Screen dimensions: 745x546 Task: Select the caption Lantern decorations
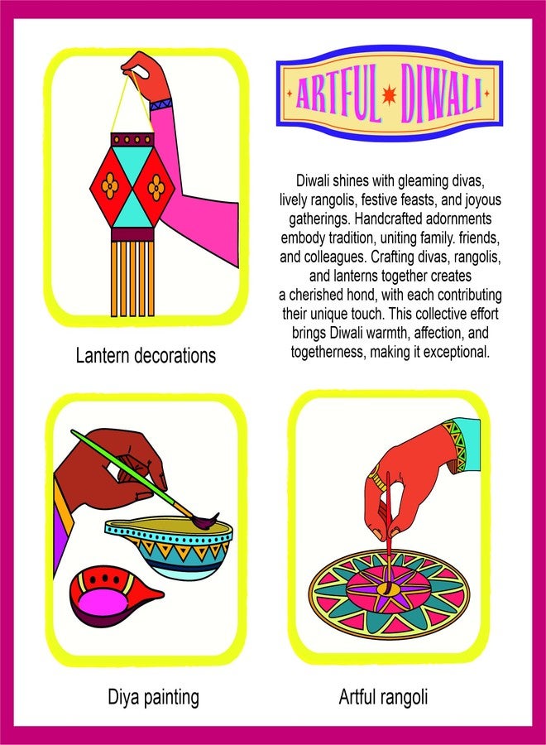coord(146,355)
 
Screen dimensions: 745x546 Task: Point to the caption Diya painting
coord(154,697)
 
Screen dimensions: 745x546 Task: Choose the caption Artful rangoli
coord(383,697)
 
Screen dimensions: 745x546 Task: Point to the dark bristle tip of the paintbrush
coord(206,520)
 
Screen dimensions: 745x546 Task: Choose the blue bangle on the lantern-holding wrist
coord(161,103)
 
